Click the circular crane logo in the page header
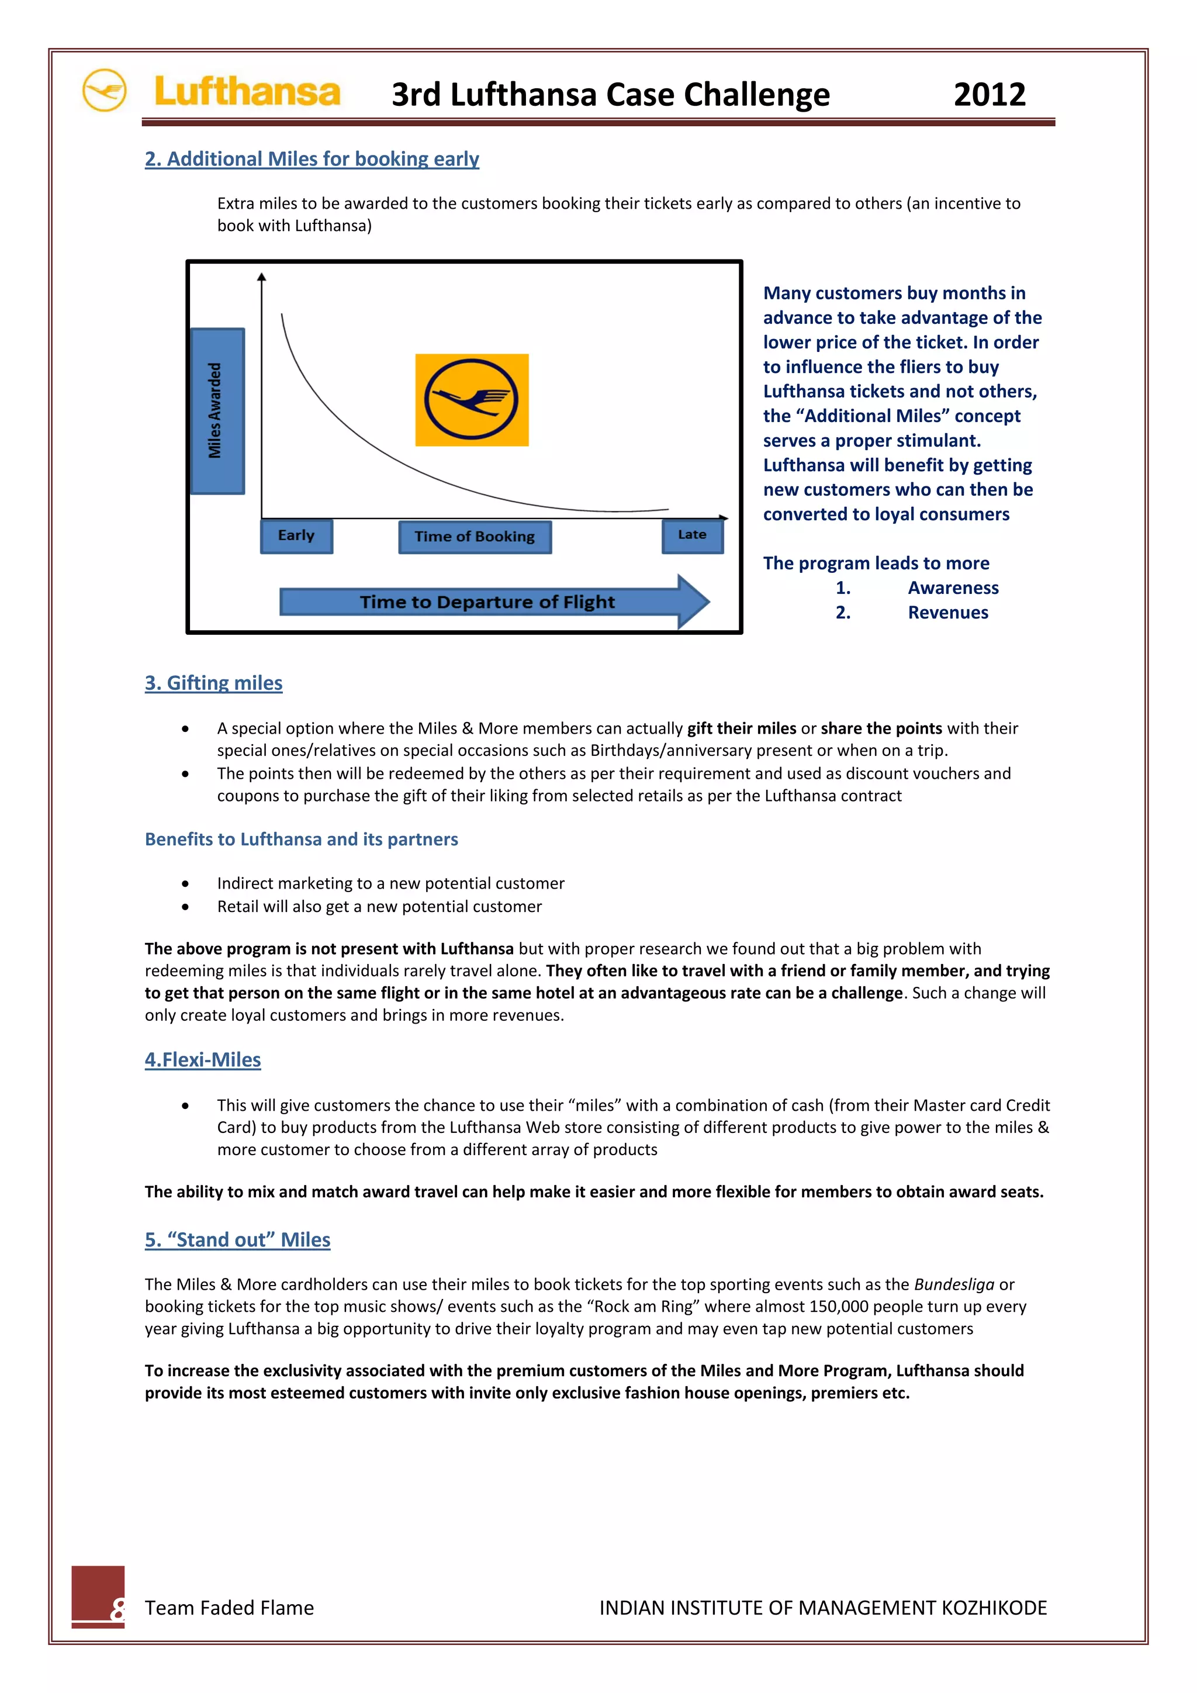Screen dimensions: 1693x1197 (x=104, y=90)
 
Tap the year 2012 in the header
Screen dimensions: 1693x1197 (x=989, y=94)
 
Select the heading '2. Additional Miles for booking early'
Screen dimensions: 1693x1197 (x=312, y=158)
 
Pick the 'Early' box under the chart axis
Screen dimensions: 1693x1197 (x=296, y=535)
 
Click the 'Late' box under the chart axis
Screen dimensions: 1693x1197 (x=692, y=535)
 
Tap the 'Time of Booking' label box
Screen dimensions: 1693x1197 (x=475, y=537)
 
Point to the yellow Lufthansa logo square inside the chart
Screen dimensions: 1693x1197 (x=472, y=400)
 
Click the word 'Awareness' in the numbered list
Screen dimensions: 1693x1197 (x=953, y=588)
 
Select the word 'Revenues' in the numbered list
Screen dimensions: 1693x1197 (x=948, y=612)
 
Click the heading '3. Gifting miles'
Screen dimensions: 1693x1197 (x=214, y=683)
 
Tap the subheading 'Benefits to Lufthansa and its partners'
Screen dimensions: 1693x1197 (x=302, y=839)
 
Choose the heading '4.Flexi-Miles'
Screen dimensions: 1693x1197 (x=203, y=1060)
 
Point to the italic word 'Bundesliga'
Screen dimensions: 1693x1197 (x=954, y=1284)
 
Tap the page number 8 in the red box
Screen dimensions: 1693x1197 (x=116, y=1608)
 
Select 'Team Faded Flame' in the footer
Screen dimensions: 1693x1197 (x=229, y=1608)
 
